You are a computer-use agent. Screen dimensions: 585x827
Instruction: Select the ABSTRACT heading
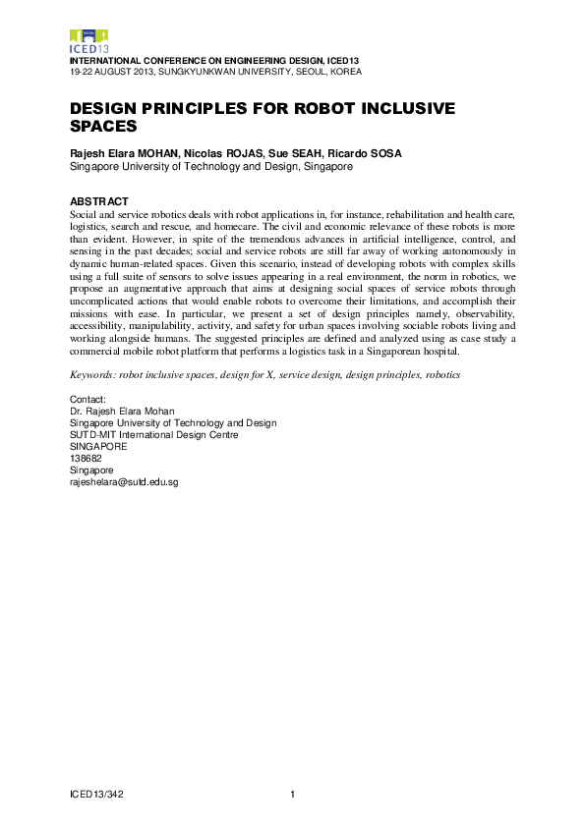tap(99, 201)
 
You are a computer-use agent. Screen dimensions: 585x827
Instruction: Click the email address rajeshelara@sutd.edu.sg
tap(124, 482)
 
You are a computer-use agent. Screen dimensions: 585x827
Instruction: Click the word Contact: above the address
tap(88, 400)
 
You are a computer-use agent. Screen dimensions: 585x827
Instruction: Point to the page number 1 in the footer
tap(293, 794)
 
